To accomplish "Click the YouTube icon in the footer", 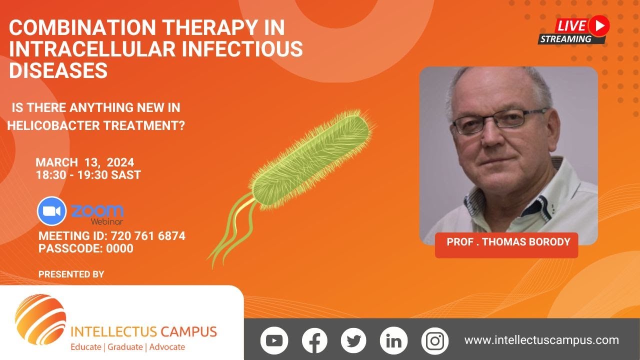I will coord(274,341).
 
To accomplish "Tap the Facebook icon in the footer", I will coord(314,341).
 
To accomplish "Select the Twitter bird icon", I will coord(353,341).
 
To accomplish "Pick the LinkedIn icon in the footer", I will coord(393,341).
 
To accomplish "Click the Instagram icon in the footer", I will coord(435,341).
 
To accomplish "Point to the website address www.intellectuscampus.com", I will coord(541,340).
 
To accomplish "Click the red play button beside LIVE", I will coord(598,25).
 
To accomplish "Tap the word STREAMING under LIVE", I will coord(565,39).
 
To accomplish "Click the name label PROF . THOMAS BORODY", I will coord(508,242).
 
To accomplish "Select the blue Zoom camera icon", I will coord(51,210).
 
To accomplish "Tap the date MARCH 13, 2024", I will coord(84,162).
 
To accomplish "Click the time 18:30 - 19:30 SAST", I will coord(88,175).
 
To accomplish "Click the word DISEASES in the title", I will coord(58,71).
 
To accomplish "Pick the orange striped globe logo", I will coord(40,319).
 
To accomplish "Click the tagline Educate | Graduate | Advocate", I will coord(127,347).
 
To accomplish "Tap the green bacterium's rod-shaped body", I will coord(310,155).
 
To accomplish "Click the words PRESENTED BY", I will coord(71,274).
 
